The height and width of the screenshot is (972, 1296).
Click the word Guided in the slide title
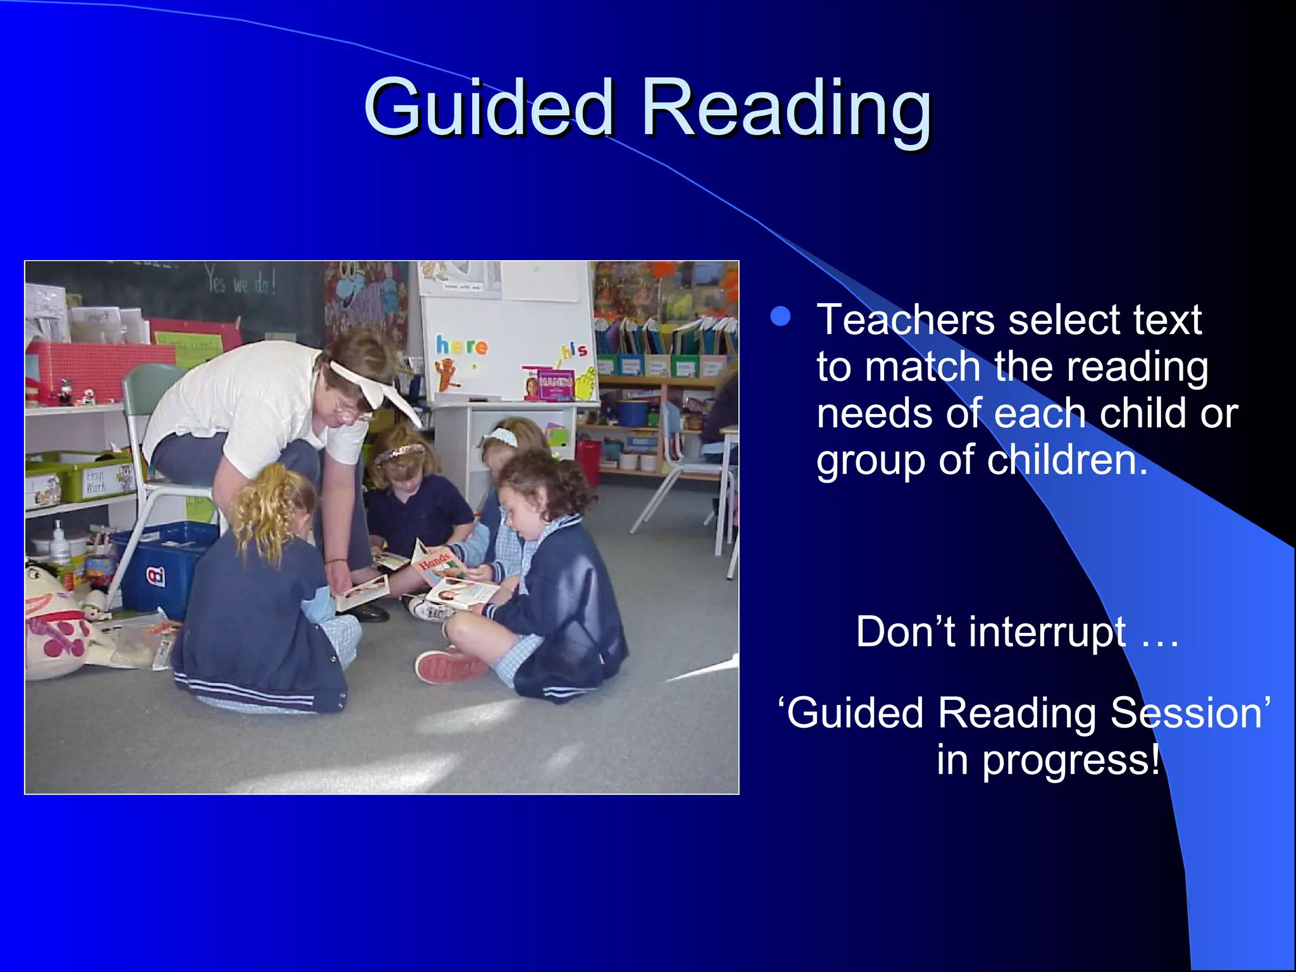[x=488, y=108]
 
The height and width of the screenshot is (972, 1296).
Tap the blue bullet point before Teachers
[x=781, y=316]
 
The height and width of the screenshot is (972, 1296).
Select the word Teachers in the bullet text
[x=905, y=320]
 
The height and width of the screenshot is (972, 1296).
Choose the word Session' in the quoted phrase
[x=1190, y=713]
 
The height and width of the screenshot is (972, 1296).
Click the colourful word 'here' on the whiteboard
[x=461, y=346]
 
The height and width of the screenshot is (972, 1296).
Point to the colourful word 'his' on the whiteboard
[x=573, y=350]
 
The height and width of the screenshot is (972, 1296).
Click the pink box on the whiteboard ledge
[x=549, y=385]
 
